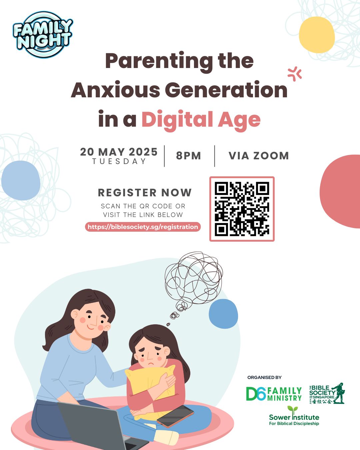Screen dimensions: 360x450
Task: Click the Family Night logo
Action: (43, 35)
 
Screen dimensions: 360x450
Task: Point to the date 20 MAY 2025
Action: (119, 152)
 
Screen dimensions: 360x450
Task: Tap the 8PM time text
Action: (188, 156)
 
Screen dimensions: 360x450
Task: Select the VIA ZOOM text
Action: (259, 156)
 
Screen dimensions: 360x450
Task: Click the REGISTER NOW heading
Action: (145, 193)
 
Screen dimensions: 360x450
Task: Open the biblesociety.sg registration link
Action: (143, 227)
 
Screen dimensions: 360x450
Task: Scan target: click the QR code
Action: (242, 209)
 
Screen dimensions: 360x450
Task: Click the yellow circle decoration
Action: (317, 35)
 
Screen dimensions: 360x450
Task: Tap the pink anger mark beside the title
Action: (295, 74)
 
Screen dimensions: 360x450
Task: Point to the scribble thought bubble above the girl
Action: (193, 282)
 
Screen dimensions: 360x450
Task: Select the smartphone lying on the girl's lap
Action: (175, 416)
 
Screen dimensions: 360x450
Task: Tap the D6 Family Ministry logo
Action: (274, 394)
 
